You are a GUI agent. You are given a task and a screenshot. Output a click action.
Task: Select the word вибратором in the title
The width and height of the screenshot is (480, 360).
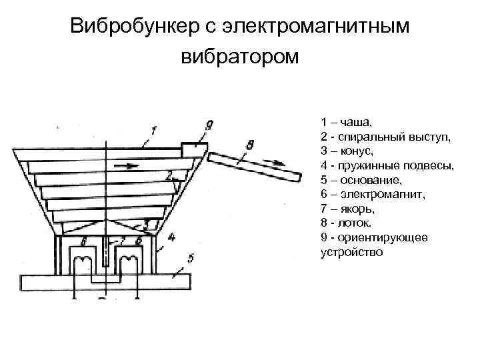pos(240,57)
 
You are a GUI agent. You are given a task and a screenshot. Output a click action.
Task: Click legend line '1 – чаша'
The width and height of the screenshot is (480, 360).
pos(347,122)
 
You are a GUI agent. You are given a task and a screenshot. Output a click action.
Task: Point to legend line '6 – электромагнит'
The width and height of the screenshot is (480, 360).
pos(376,195)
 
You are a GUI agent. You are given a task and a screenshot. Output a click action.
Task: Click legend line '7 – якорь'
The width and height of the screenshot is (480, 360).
pos(349,209)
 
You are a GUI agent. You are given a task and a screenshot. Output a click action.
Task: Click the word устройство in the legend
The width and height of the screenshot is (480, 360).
pos(352,253)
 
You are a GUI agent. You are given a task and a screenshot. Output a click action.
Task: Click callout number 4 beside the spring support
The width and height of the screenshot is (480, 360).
pos(171,237)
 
